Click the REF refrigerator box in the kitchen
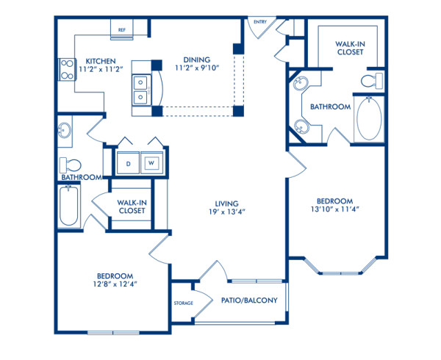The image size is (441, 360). tap(121, 30)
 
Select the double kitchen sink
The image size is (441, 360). tap(140, 87)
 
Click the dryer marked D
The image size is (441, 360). tap(127, 162)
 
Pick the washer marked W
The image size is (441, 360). tap(151, 162)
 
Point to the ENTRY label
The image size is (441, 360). tap(259, 22)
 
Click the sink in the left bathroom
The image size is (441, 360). tap(65, 132)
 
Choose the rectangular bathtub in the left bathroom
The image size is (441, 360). tap(68, 205)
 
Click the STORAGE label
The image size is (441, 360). tap(184, 303)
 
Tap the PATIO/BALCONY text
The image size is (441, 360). tap(248, 300)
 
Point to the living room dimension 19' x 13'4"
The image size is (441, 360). tap(226, 212)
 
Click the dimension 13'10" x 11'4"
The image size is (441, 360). tap(335, 209)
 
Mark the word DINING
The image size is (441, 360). tap(197, 60)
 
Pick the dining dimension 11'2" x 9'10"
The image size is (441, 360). tap(197, 70)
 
